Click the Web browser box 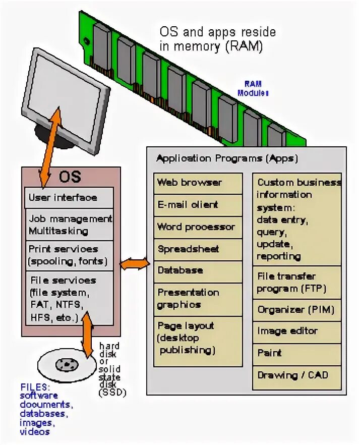tap(198, 183)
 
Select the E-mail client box tap(198, 205)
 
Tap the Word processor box tap(198, 227)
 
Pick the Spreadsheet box tap(198, 249)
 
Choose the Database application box tap(198, 271)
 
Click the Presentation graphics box tap(198, 299)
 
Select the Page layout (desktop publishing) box tap(198, 339)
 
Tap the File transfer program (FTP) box tap(297, 283)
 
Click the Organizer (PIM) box tap(297, 310)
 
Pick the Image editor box tap(297, 331)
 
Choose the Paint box tap(297, 353)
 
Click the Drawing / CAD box tap(297, 375)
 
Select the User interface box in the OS tap(69, 198)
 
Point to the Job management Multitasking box tap(69, 225)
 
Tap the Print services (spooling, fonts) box tap(69, 255)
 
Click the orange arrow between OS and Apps tap(135, 264)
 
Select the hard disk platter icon tap(66, 364)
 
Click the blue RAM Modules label tap(253, 88)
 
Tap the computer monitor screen tap(64, 93)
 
